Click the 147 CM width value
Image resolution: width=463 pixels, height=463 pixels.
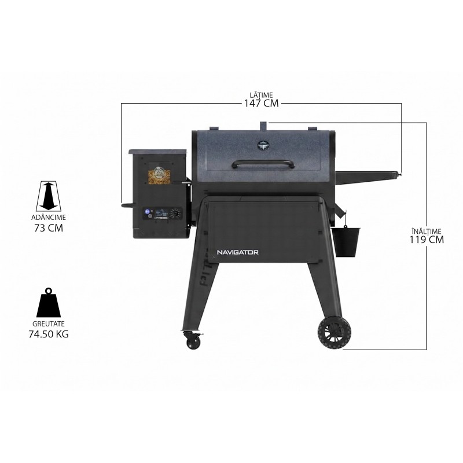pos(261,103)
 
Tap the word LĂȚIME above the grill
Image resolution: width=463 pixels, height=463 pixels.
pos(262,95)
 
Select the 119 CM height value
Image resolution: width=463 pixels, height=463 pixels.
pos(427,239)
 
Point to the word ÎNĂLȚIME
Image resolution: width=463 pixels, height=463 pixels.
pos(427,231)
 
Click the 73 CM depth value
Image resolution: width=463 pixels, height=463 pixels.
pos(49,228)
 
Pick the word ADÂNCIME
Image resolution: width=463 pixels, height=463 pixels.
pos(49,218)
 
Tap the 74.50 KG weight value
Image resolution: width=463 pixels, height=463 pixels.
pos(49,334)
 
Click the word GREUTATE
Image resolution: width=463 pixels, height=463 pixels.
pos(49,324)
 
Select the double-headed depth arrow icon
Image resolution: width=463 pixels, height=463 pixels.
pos(49,196)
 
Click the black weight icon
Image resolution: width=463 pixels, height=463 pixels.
pos(49,303)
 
